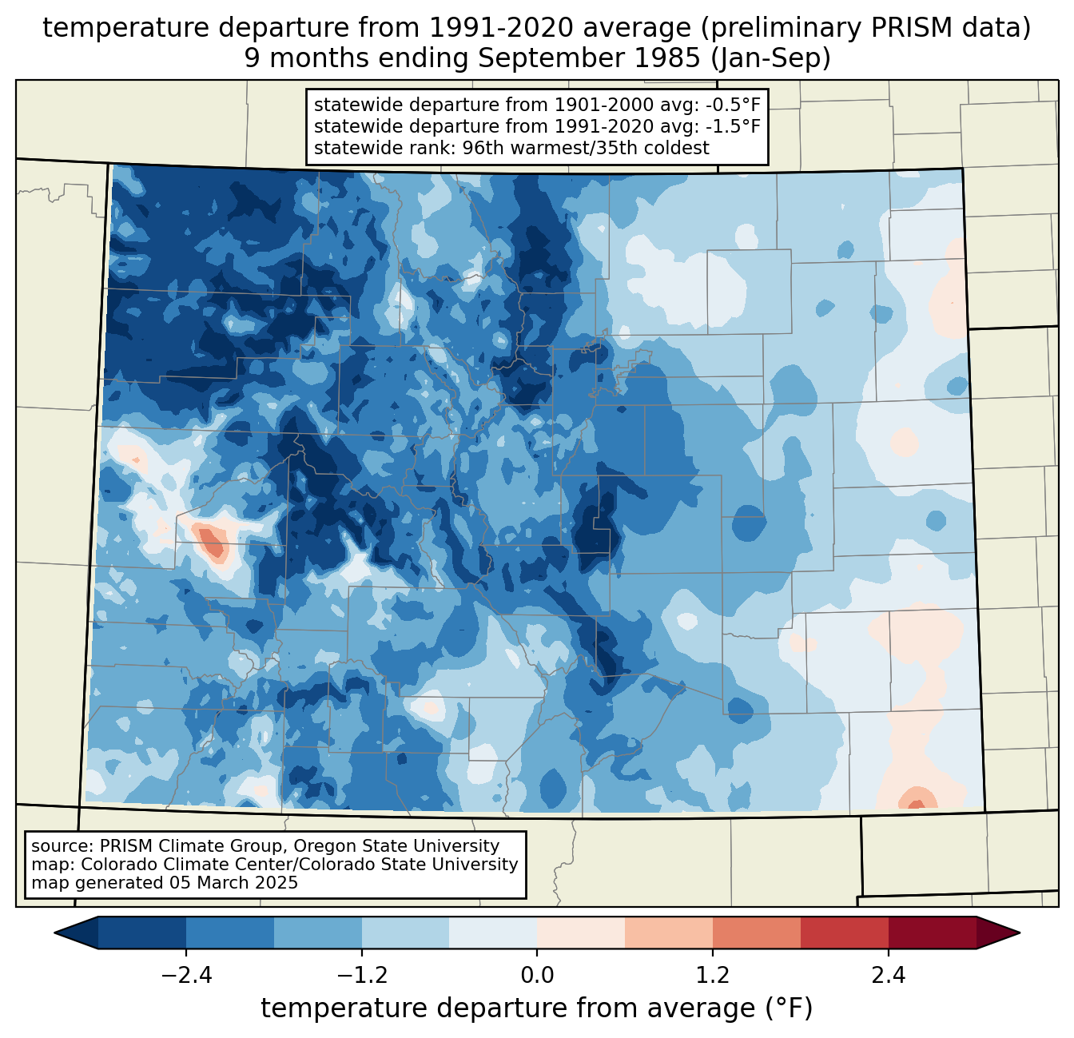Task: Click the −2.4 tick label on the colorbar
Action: (186, 976)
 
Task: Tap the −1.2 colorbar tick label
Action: (361, 976)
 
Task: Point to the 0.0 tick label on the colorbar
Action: (537, 976)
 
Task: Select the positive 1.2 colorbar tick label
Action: (712, 976)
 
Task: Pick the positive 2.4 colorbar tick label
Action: (888, 976)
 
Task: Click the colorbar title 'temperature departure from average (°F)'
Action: (536, 1008)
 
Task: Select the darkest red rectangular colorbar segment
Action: (932, 933)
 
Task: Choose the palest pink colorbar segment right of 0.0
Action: (581, 933)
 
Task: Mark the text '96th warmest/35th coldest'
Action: (586, 148)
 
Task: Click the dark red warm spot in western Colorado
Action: (213, 543)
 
